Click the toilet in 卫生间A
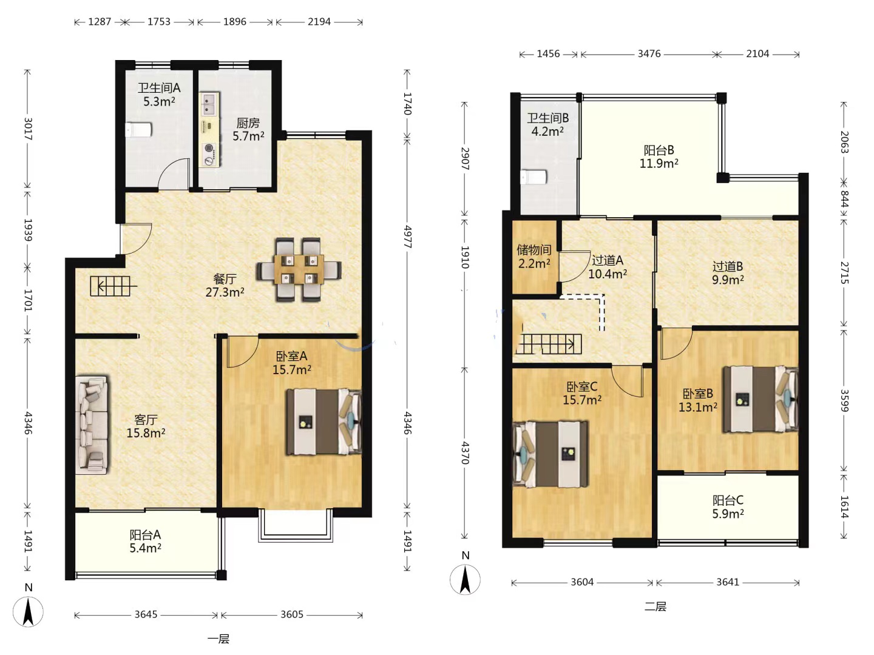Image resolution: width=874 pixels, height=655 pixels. point(138,130)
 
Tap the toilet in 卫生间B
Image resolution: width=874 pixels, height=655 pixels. point(534,177)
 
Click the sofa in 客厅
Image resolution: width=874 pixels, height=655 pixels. point(92,425)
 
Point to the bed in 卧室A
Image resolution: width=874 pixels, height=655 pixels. point(324,422)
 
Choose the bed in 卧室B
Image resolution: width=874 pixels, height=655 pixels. point(761,399)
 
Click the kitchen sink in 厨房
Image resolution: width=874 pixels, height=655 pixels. point(209,104)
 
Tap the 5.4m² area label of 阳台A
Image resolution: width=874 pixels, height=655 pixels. point(145,548)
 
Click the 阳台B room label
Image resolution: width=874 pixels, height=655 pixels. point(659,150)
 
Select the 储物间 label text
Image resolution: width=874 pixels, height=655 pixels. point(534,250)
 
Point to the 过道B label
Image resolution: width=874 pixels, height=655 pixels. point(728,266)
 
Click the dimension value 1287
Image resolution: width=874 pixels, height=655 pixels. point(100,21)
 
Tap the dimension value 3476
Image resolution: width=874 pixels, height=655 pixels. point(649,54)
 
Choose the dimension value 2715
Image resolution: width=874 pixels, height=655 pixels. point(844,273)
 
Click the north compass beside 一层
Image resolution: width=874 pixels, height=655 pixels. point(28,611)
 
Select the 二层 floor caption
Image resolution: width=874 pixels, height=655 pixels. point(655,606)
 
